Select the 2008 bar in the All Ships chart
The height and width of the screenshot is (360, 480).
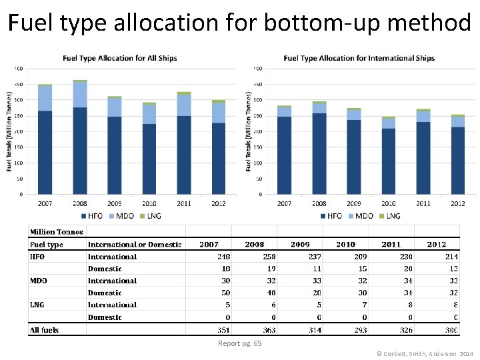[x=79, y=140]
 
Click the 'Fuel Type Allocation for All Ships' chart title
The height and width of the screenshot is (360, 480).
[x=120, y=58]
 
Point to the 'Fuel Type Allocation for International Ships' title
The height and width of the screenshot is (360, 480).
[x=359, y=58]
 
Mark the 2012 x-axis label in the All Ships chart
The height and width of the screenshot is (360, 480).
[x=218, y=203]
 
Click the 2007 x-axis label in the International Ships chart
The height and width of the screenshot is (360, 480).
[x=285, y=203]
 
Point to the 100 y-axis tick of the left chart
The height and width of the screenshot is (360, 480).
[x=19, y=163]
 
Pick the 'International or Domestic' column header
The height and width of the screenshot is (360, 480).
[x=135, y=245]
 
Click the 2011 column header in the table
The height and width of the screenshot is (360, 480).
[x=391, y=245]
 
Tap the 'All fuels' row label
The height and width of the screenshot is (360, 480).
[x=44, y=330]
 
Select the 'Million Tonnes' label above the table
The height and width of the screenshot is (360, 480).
[x=57, y=232]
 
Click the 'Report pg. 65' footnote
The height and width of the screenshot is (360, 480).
[x=239, y=343]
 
